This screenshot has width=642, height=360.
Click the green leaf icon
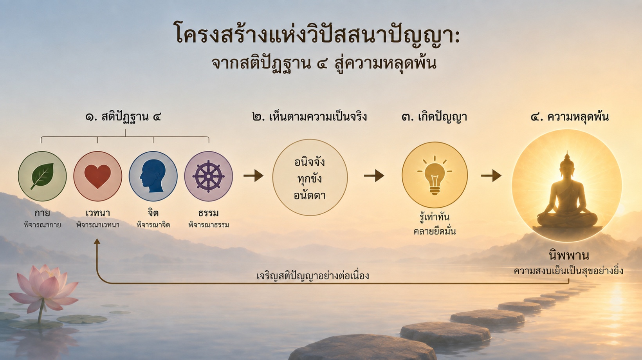pos(42,176)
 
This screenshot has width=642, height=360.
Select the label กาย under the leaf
pos(42,213)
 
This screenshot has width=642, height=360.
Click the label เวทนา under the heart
pos(98,213)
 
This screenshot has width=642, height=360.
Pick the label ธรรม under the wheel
pos(208,213)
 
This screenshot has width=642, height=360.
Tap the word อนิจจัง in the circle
pos(310,162)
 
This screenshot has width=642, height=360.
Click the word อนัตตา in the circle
pos(310,195)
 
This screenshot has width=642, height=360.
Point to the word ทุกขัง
pos(310,179)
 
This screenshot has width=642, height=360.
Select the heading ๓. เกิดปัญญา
pos(435,117)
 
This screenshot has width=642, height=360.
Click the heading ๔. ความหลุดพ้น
pos(570,117)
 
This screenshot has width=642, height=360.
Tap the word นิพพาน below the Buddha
pos(569,255)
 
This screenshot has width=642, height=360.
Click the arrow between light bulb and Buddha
pos(491,175)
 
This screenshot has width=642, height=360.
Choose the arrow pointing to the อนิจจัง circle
pos(253,175)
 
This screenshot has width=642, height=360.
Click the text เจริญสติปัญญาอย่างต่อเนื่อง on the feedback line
pos(313,276)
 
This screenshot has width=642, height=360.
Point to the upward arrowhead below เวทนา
pos(97,241)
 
